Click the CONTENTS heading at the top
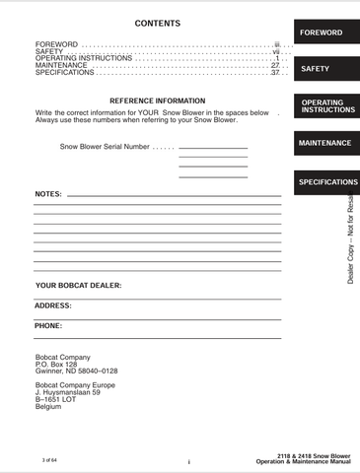157,23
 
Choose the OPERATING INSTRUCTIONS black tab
324,106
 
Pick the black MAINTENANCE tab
324,143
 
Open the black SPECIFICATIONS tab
324,182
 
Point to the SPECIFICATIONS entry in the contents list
64,73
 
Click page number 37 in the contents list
275,73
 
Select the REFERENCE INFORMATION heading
157,101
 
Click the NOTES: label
48,195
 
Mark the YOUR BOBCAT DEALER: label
79,285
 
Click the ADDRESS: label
53,305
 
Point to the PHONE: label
48,325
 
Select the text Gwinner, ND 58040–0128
76,371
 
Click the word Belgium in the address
48,406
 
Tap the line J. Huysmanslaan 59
67,392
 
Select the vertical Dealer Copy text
352,236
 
